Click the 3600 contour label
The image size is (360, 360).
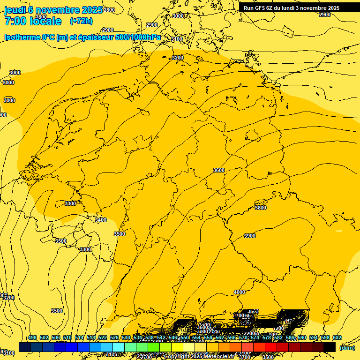click(x=218, y=170)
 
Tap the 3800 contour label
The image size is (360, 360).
click(x=260, y=208)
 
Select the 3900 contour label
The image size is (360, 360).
click(x=249, y=236)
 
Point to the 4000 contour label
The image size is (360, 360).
click(x=239, y=292)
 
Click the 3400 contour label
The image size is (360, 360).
click(x=100, y=220)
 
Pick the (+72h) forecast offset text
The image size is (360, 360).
click(x=81, y=21)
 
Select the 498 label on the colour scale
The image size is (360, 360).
click(x=32, y=338)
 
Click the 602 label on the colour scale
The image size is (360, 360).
click(x=337, y=338)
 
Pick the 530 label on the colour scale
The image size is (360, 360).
click(x=126, y=338)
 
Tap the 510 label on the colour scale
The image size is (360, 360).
click(x=67, y=338)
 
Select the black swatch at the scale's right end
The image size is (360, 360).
click(x=330, y=347)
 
